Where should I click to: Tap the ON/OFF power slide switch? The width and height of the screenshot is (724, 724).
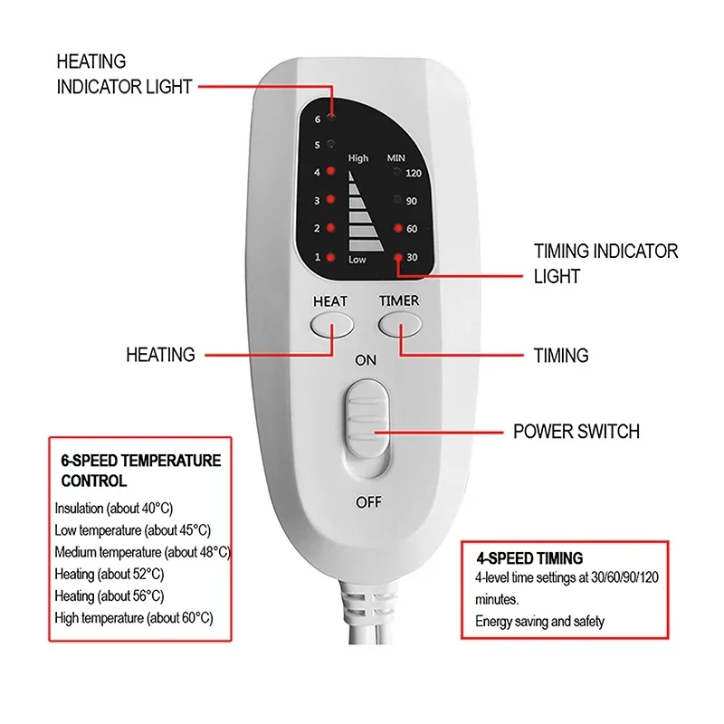coord(367,420)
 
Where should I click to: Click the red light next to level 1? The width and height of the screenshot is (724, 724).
coord(331,258)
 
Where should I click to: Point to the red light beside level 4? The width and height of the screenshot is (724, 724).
coord(331,171)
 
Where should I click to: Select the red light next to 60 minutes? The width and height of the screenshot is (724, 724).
coord(397,228)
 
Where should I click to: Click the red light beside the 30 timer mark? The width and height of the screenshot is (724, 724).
coord(397,258)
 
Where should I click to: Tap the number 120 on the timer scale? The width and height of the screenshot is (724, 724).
coord(414,172)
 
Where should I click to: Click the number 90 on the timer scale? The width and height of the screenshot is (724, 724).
coord(412,201)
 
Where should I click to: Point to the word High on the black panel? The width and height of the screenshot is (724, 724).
coord(358,158)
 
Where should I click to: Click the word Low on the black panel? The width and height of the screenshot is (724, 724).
coord(357,260)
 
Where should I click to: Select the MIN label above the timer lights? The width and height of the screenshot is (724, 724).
coord(397,158)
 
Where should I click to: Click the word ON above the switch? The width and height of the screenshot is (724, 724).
coord(366,359)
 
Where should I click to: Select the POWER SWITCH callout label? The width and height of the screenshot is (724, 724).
coord(576,431)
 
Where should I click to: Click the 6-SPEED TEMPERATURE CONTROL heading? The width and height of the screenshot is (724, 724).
coord(140,471)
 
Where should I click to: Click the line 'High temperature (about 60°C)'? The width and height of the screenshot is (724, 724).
coord(134,618)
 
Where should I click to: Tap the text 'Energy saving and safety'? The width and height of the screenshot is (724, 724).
coord(539,622)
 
